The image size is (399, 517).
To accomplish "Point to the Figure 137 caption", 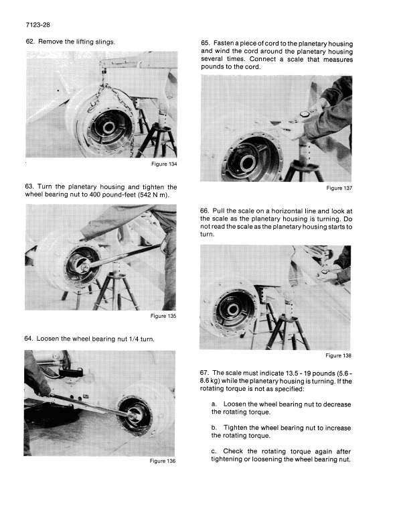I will pos(339,188).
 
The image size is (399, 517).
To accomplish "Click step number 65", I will pos(206,42).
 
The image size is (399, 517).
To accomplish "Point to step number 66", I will pos(206,211).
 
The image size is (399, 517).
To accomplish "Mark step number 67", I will pos(206,373).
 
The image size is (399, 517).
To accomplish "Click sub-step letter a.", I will pos(214,404).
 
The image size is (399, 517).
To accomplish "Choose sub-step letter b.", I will pos(214,428).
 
